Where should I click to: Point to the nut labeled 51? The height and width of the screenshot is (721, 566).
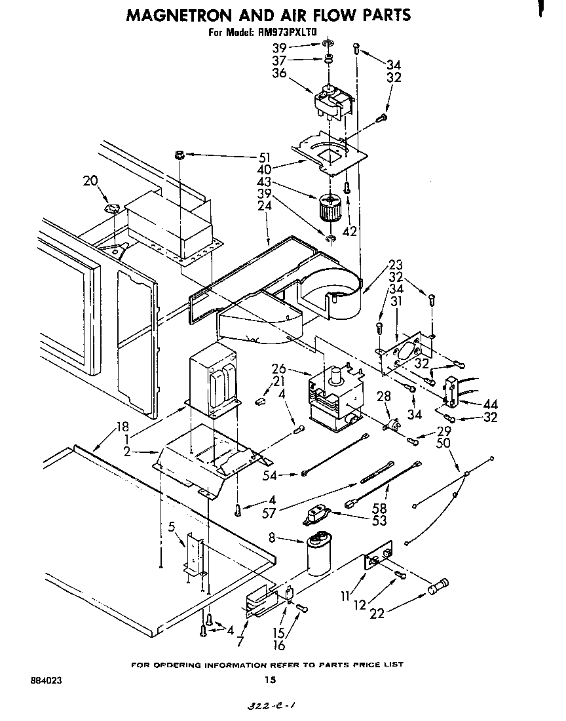pyautogui.click(x=178, y=155)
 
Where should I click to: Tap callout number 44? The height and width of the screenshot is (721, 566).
pyautogui.click(x=489, y=404)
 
